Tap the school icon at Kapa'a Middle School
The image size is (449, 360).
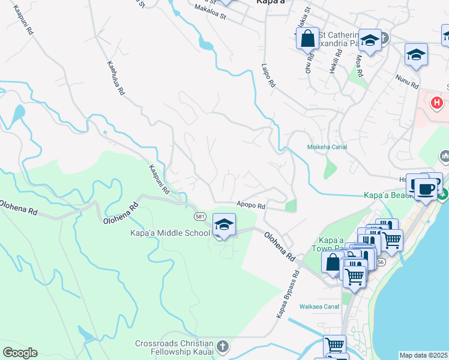[x=224, y=225]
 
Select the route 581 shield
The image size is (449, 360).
[x=200, y=215]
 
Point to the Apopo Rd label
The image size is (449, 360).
[x=251, y=206]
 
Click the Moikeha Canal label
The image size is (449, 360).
[x=328, y=147]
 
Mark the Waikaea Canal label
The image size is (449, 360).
[x=321, y=307]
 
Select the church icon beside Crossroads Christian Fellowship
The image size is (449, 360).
[x=222, y=346]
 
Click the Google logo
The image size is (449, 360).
[x=20, y=353]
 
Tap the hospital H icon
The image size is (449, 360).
[x=437, y=103]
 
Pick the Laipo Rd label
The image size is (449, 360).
[x=268, y=77]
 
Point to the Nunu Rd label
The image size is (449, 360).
[x=406, y=79]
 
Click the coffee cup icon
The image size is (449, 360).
[x=426, y=188]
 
